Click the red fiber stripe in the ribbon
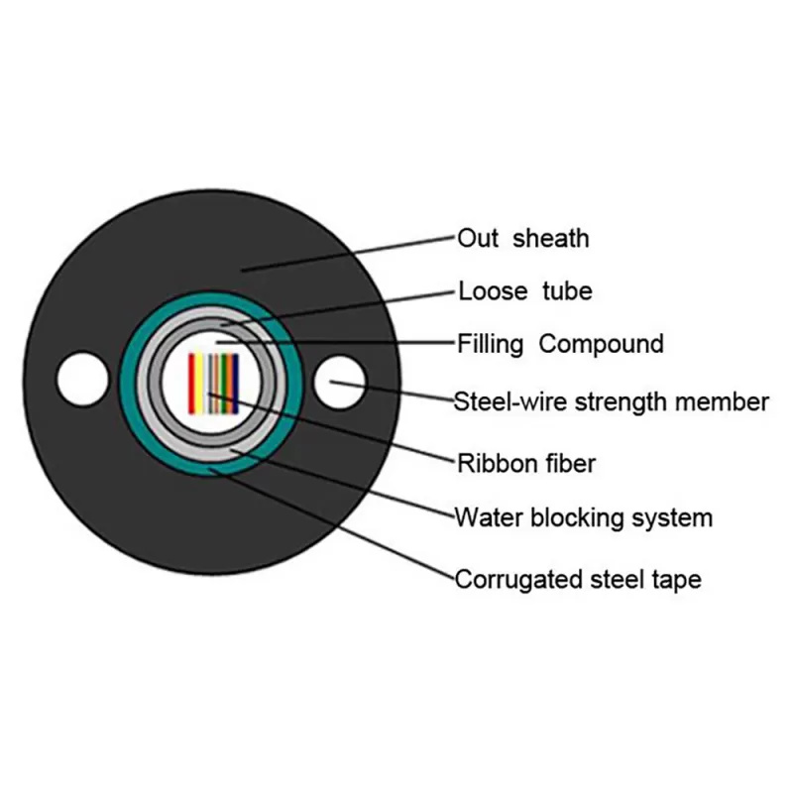191,384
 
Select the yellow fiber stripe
199,384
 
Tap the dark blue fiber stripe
235,384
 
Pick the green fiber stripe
223,384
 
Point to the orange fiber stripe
229,384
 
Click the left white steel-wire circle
82,380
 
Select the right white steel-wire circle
339,383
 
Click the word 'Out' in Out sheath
478,238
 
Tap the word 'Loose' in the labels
493,290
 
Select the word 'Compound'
601,345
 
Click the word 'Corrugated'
517,580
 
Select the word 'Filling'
490,345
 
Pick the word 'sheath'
551,238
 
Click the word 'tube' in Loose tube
567,290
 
